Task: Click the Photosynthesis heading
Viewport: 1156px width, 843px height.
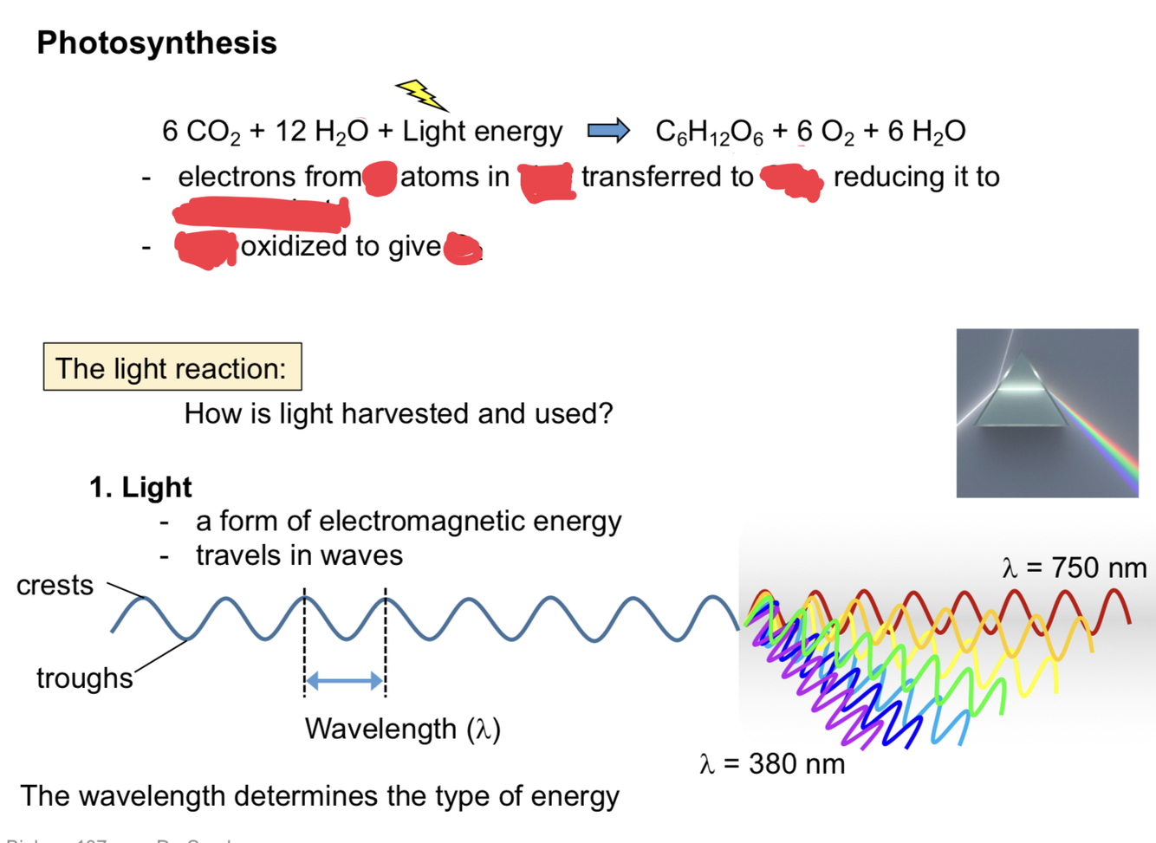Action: (x=156, y=42)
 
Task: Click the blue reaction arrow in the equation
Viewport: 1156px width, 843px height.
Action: (x=608, y=131)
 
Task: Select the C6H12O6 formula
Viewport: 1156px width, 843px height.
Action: (x=709, y=132)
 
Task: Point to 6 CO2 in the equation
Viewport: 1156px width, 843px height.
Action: (x=201, y=132)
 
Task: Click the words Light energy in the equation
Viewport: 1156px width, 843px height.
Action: (x=482, y=131)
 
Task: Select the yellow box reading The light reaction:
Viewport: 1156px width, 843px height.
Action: (x=172, y=367)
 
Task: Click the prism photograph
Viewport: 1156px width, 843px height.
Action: (x=1047, y=412)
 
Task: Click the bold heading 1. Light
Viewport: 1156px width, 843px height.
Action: (x=140, y=487)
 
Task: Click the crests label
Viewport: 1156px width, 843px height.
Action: (x=55, y=585)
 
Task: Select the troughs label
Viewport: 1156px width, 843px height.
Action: (x=84, y=678)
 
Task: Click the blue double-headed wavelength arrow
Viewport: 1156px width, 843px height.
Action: (x=344, y=681)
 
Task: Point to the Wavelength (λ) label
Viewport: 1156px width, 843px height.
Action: (x=402, y=729)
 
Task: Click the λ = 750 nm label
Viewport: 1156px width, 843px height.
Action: (x=1074, y=567)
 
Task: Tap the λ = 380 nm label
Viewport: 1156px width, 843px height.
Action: (x=771, y=763)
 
